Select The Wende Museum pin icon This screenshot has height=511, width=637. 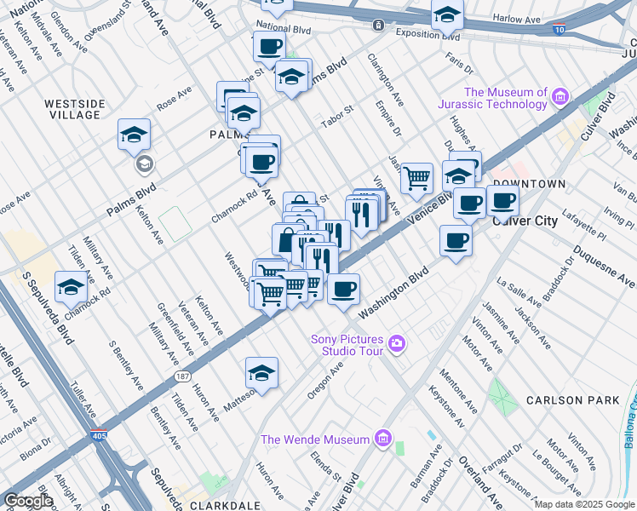(383, 439)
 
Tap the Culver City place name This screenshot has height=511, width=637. (525, 221)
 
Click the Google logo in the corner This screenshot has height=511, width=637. (28, 501)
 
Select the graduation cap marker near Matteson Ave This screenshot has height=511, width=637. (262, 373)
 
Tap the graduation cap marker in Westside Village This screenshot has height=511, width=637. (135, 135)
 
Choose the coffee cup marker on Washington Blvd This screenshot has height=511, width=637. (344, 290)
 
